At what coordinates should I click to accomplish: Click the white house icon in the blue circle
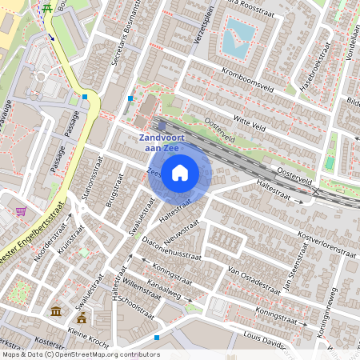[180, 173]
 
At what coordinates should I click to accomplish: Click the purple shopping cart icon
[21, 212]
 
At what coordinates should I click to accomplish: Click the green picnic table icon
[48, 8]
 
